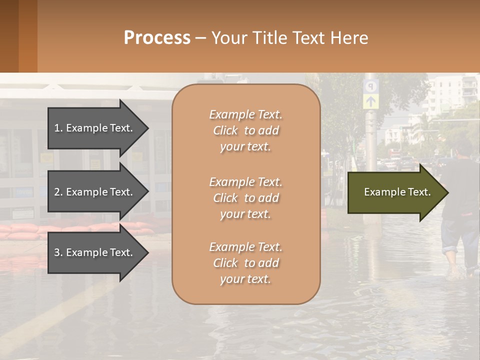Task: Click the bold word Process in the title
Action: point(157,38)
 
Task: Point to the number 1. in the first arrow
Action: point(58,128)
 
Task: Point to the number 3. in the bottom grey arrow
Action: point(58,252)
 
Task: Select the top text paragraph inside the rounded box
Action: point(245,130)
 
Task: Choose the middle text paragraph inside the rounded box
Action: point(245,198)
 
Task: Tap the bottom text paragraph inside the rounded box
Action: point(245,263)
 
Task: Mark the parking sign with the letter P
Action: point(371,86)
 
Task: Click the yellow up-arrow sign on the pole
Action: point(371,101)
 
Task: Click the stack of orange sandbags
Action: point(75,231)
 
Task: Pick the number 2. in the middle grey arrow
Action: point(58,192)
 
